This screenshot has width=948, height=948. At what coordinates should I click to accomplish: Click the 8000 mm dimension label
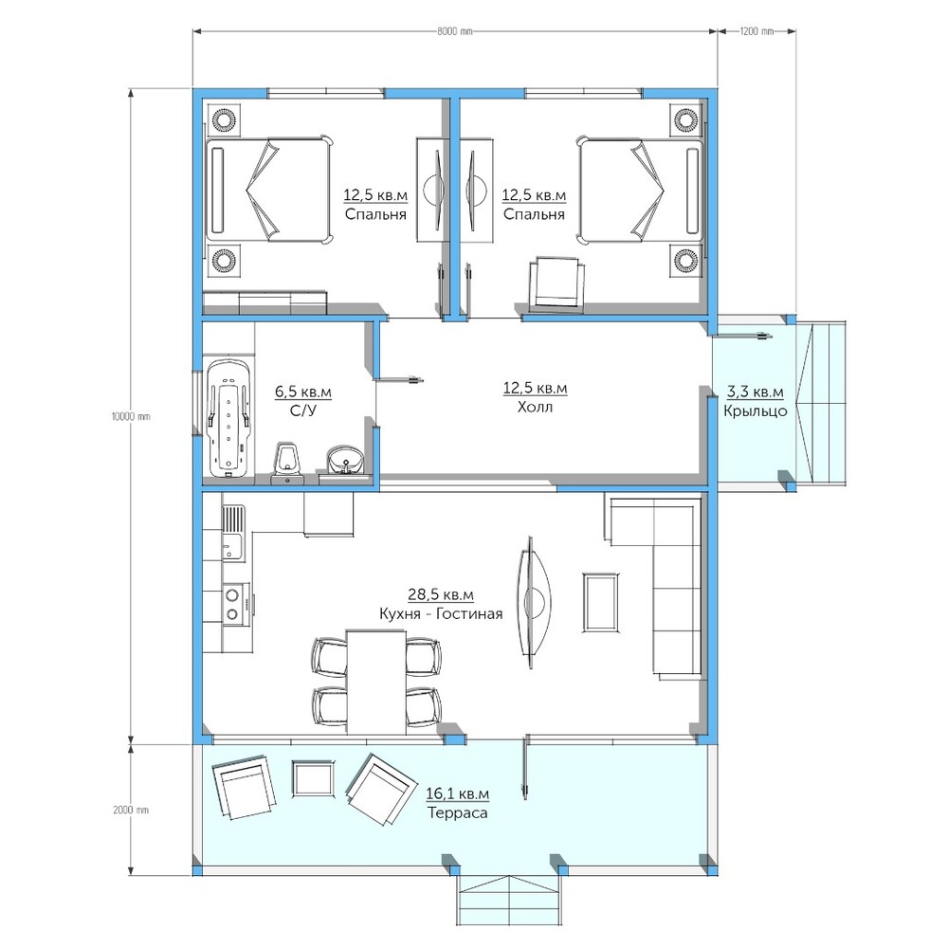pyautogui.click(x=455, y=31)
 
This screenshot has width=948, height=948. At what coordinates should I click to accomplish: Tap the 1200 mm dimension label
pyautogui.click(x=757, y=31)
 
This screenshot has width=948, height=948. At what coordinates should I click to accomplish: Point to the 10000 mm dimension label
pyautogui.click(x=131, y=416)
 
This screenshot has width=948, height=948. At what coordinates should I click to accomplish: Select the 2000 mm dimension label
pyautogui.click(x=131, y=811)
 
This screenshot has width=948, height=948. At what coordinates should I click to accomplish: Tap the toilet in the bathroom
pyautogui.click(x=287, y=464)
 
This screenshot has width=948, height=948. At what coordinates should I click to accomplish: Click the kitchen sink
pyautogui.click(x=233, y=533)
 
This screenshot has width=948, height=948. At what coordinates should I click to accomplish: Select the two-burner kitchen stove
pyautogui.click(x=234, y=603)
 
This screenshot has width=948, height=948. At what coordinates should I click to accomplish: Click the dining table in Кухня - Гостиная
pyautogui.click(x=375, y=682)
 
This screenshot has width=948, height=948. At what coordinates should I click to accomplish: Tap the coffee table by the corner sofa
pyautogui.click(x=600, y=603)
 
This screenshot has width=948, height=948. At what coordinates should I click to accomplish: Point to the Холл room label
pyautogui.click(x=535, y=407)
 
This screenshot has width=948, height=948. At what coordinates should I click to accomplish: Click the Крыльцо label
pyautogui.click(x=756, y=411)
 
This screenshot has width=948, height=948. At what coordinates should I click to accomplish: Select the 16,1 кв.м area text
pyautogui.click(x=457, y=793)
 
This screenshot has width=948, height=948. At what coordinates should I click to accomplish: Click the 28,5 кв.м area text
pyautogui.click(x=441, y=594)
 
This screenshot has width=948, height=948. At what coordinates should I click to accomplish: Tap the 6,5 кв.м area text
pyautogui.click(x=303, y=392)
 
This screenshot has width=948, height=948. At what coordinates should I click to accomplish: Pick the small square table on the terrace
pyautogui.click(x=313, y=778)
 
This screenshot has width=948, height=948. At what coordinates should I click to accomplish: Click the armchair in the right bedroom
pyautogui.click(x=556, y=282)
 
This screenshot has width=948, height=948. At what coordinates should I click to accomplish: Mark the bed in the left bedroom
pyautogui.click(x=269, y=191)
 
